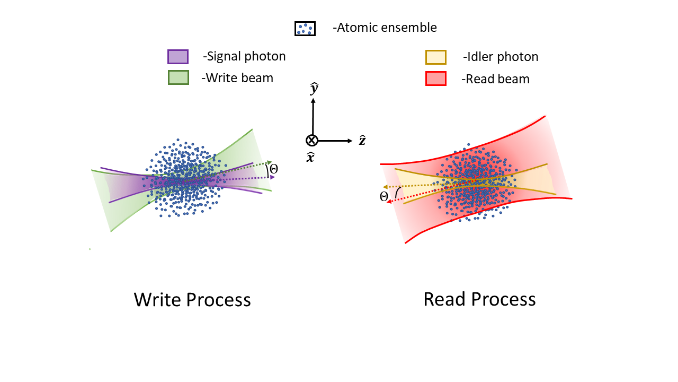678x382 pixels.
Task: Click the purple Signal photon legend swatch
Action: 177,56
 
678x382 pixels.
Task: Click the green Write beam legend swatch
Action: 177,78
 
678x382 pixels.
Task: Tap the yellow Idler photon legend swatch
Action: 435,57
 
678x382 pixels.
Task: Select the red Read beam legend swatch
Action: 435,79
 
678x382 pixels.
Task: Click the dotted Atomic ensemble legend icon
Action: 305,28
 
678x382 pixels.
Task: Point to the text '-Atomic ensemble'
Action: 385,28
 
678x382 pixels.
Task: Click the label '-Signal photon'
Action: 244,56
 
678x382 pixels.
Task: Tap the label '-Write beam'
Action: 237,78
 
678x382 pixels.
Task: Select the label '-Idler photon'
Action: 500,57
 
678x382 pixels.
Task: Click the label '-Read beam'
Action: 495,79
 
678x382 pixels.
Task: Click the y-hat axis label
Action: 314,89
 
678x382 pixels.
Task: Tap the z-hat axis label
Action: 362,141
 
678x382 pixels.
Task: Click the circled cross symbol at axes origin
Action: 312,141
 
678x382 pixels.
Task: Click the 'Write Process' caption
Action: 192,300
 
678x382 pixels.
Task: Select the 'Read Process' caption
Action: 479,299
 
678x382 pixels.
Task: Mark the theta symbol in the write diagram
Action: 274,169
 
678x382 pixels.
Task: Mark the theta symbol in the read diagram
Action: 384,197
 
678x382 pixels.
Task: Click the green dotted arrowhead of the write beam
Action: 270,162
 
